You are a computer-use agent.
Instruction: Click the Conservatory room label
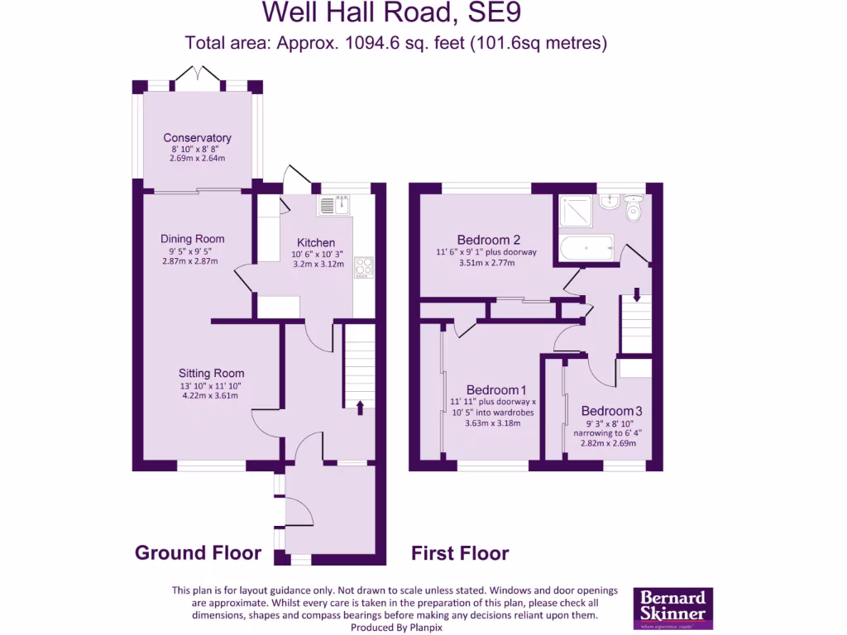click(x=197, y=138)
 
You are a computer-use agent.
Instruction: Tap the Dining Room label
click(x=192, y=239)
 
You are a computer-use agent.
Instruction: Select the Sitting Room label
click(x=211, y=373)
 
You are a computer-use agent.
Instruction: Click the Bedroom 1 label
click(x=495, y=390)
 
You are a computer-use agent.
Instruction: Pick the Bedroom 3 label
click(x=611, y=411)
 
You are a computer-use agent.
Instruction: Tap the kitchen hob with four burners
click(x=364, y=267)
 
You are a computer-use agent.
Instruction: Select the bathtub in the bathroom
click(x=586, y=247)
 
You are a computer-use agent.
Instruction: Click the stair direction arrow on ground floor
click(x=360, y=406)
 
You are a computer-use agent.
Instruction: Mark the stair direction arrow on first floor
click(x=637, y=293)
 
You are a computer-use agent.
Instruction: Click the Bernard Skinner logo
click(x=672, y=609)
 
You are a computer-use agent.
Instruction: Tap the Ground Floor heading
click(x=198, y=553)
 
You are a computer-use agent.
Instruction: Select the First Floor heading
click(x=460, y=553)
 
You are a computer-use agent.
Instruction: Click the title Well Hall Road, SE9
click(x=391, y=12)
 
